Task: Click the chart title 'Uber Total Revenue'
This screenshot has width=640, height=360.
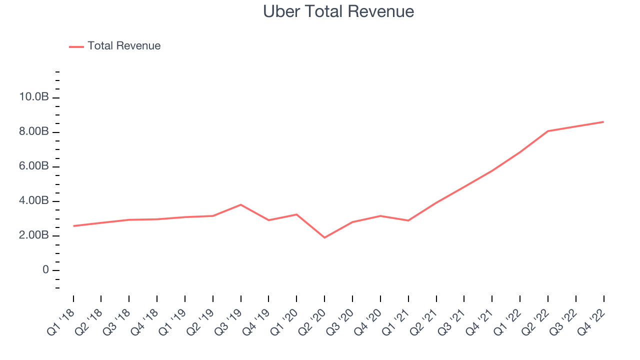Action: (x=338, y=11)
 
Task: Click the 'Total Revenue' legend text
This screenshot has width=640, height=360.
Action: (x=124, y=46)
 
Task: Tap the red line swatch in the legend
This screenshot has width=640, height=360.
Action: (x=76, y=46)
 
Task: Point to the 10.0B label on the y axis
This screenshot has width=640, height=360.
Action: (x=34, y=97)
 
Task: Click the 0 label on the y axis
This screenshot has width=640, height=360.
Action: (x=45, y=270)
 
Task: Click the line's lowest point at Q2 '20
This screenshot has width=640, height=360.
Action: (x=324, y=237)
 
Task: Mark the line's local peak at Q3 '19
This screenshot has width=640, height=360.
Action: (x=241, y=204)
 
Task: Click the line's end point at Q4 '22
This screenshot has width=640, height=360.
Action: (x=603, y=121)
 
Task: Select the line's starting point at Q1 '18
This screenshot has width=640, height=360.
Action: (x=73, y=226)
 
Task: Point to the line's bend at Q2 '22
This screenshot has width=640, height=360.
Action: (x=548, y=131)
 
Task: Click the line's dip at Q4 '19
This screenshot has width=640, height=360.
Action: (x=269, y=220)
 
